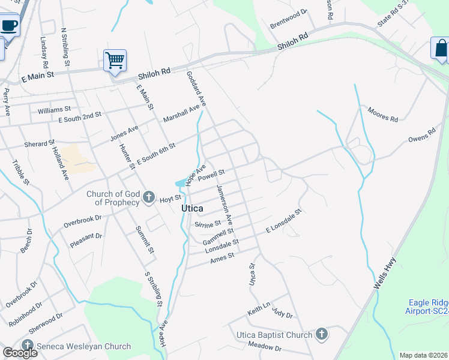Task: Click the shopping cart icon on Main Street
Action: pos(115,60)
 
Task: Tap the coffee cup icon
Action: pos(10,26)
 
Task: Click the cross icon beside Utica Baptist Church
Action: pos(321,335)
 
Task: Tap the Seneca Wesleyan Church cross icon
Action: pos(27,346)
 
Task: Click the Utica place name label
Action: pos(192,208)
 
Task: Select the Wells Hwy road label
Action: pos(384,274)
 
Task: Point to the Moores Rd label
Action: pos(383,115)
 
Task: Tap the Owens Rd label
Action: pos(421,134)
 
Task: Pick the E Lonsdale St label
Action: pos(284,221)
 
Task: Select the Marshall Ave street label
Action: pos(181,113)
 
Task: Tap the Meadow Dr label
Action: pos(265,347)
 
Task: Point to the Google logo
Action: pos(20,353)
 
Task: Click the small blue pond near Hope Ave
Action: pos(181,182)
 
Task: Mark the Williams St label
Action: pos(54,110)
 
